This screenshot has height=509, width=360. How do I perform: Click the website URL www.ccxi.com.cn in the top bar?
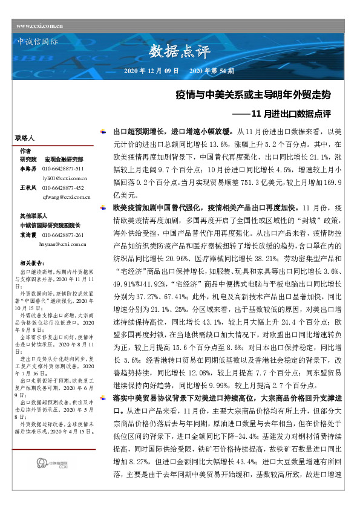tap(41, 25)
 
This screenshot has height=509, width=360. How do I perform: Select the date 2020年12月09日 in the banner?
tap(151, 71)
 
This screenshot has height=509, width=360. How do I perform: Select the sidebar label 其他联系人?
tap(32, 215)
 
